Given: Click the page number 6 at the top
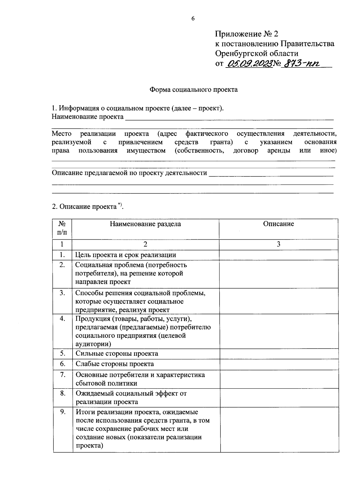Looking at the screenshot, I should point(193,19).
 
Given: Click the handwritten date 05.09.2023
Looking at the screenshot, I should point(250,64).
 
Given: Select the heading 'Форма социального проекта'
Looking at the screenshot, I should point(193,89).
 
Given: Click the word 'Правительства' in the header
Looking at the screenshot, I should point(307,43).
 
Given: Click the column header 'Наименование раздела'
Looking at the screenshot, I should point(145,224).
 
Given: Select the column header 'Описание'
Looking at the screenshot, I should point(278,224).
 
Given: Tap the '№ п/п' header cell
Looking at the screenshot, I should point(62,228).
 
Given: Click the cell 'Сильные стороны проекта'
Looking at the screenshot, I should point(117,353).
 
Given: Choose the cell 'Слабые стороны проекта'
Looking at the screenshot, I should point(115,364).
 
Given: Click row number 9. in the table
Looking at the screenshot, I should point(63,412).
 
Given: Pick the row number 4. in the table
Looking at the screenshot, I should point(62,319).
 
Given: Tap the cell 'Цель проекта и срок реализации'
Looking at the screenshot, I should point(125,255).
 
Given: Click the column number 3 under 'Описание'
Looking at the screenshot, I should point(278,244).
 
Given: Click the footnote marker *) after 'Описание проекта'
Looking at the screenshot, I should point(120,205).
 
